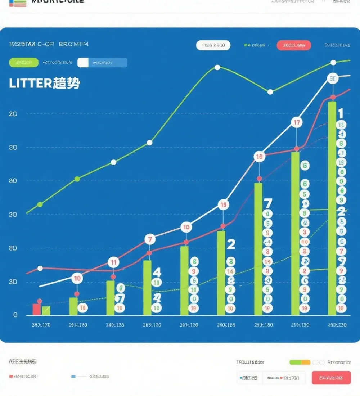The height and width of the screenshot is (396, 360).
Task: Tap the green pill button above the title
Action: click(x=23, y=62)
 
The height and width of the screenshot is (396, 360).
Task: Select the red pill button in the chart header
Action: click(x=294, y=45)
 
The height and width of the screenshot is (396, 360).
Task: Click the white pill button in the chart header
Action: click(x=213, y=45)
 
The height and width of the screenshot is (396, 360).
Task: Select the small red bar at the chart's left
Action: click(x=36, y=309)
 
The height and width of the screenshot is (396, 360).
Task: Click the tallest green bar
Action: click(x=332, y=208)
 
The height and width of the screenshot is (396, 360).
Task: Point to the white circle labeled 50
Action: click(x=333, y=78)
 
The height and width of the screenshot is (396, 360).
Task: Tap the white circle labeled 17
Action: click(x=297, y=123)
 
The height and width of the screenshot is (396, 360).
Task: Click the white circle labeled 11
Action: click(x=113, y=262)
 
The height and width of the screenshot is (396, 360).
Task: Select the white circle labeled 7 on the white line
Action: click(x=150, y=239)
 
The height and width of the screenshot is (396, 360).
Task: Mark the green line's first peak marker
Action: click(x=217, y=67)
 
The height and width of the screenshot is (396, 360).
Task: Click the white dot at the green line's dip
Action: click(x=270, y=92)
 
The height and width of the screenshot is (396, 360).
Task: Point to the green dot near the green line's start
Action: click(x=40, y=204)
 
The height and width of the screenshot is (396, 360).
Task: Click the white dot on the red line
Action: click(x=40, y=268)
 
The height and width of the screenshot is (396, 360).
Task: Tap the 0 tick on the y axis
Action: click(x=15, y=315)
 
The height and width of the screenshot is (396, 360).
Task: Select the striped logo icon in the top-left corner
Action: click(x=18, y=3)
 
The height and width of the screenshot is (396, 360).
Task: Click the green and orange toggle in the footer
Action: click(x=300, y=363)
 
